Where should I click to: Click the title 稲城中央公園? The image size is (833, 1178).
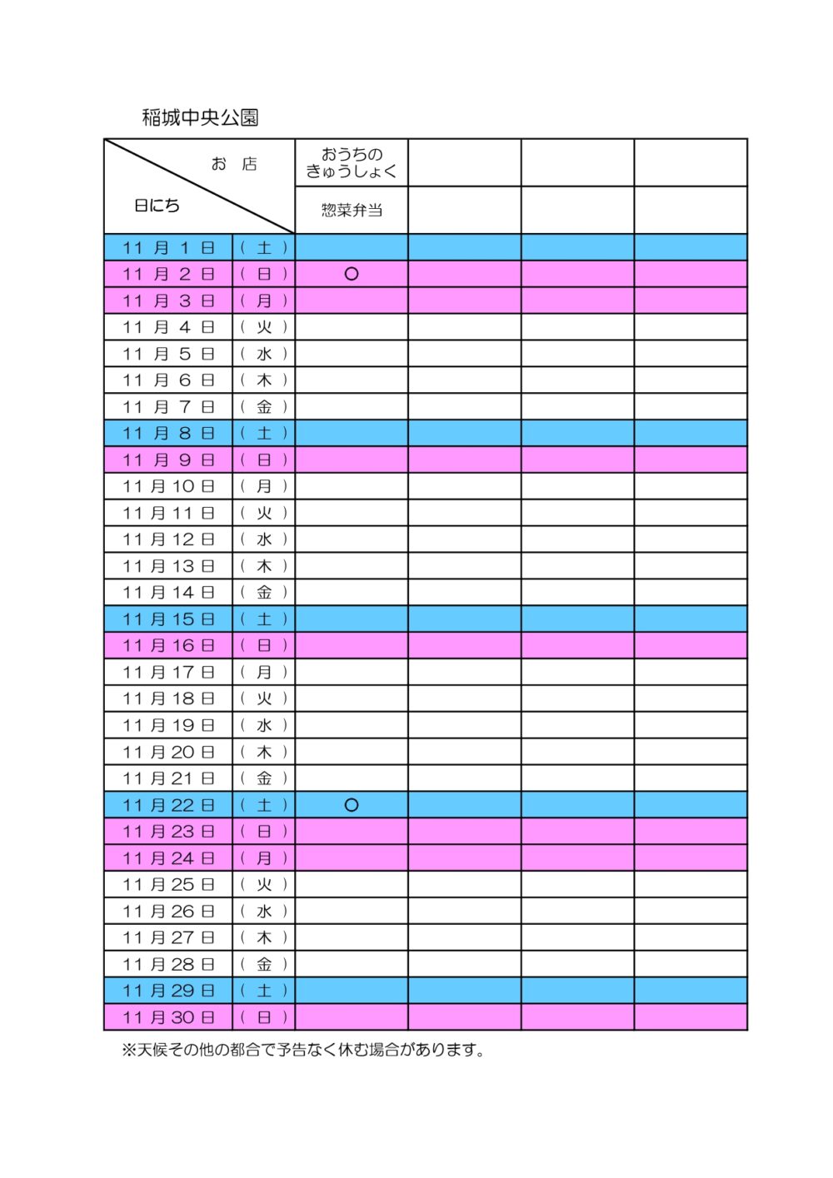point(200,117)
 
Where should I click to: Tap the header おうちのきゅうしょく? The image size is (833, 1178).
point(351,162)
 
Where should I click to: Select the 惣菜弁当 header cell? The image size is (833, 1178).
point(351,210)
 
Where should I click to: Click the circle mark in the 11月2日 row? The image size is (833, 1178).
point(351,274)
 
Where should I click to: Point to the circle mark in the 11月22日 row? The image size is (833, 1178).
point(351,805)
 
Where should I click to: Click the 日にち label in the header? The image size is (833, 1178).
point(157,206)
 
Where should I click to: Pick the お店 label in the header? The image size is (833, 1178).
point(233,164)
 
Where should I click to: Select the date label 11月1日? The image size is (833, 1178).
point(168,247)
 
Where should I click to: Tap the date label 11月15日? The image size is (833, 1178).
point(168,619)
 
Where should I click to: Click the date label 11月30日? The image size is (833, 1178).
point(168,1017)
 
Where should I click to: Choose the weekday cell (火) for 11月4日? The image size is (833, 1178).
point(263,327)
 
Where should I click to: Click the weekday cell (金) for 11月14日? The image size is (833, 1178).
point(263,593)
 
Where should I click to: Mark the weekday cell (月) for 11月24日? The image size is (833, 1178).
point(263,858)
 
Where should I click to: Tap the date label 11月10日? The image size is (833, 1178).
point(168,486)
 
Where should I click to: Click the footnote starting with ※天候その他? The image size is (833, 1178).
point(303,1050)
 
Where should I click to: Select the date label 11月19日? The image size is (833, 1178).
point(168,725)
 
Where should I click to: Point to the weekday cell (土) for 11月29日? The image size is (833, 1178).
point(263,991)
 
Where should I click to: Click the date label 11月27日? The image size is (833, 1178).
point(168,937)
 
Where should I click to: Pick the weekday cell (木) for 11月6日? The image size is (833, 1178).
point(263,380)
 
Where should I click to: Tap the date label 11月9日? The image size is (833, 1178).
point(168,460)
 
